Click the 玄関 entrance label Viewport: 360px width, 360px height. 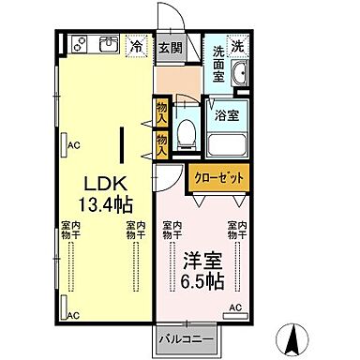click(169, 47)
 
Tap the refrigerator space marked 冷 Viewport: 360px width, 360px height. click(137, 45)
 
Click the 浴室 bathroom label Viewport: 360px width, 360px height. click(224, 117)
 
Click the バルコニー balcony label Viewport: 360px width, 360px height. click(187, 338)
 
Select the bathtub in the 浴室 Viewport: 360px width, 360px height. click(224, 145)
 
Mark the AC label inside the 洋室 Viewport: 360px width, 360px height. click(235, 308)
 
